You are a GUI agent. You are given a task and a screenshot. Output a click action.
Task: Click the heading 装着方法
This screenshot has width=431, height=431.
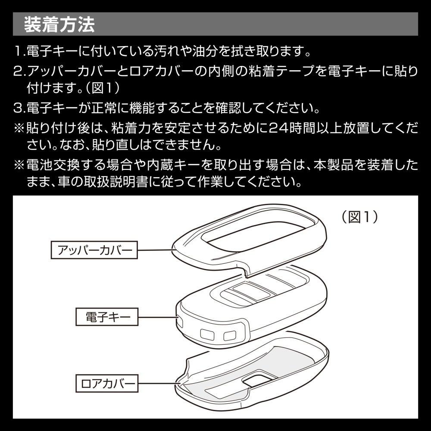pyautogui.click(x=59, y=25)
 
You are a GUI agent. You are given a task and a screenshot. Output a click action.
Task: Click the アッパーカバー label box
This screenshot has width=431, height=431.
pyautogui.click(x=95, y=250)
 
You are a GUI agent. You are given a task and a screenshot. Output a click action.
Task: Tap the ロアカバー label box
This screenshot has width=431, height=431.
pyautogui.click(x=106, y=383)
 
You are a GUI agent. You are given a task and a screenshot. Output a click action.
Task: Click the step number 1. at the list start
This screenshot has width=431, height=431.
pyautogui.click(x=20, y=52)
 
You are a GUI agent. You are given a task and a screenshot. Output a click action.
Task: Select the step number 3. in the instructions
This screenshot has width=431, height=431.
pyautogui.click(x=20, y=107)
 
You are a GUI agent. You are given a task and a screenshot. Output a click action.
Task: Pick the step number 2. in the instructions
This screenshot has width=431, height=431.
pyautogui.click(x=20, y=71)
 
